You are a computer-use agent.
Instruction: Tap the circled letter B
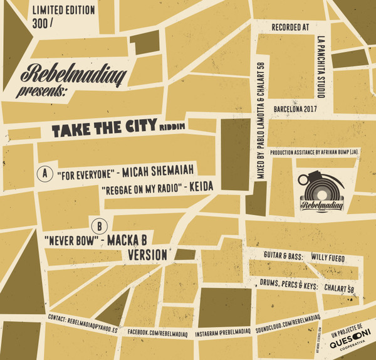pyautogui.click(x=97, y=224)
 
